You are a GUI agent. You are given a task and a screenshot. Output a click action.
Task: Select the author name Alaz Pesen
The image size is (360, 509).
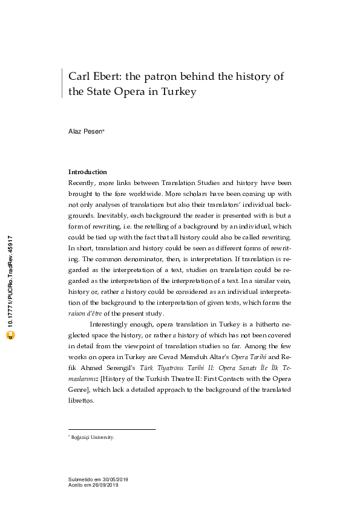85,131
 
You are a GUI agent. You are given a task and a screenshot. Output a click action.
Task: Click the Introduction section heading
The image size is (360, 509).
87,172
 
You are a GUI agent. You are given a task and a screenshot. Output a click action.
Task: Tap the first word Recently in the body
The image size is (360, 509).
81,183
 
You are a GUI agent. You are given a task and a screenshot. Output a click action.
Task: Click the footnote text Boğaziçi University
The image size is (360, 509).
93,437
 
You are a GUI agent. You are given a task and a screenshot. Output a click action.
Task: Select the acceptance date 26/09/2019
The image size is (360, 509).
105,485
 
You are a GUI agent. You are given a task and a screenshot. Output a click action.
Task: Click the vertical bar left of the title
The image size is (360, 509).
62,83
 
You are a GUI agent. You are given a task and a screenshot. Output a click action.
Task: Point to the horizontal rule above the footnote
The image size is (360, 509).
112,429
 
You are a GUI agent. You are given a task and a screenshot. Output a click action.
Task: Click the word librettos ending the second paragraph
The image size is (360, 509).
82,400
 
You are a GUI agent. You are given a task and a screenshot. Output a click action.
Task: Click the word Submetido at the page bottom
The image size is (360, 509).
81,479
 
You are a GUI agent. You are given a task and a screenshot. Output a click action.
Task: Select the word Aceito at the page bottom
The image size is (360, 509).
76,485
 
